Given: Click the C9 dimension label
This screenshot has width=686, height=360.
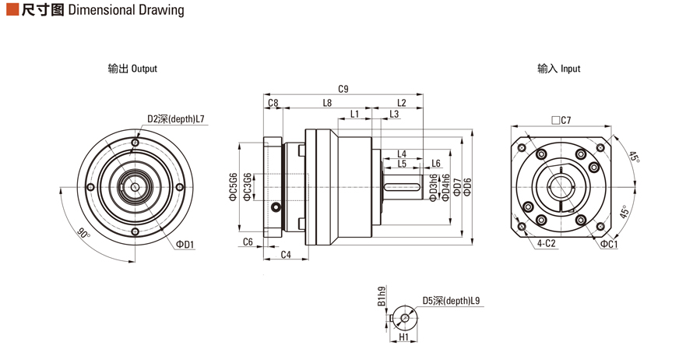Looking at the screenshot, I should tap(343, 88).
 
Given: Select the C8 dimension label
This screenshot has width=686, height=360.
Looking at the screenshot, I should tap(273, 103).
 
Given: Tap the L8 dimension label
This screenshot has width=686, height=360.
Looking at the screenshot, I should tap(327, 103).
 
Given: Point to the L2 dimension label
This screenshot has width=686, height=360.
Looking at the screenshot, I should tap(402, 103).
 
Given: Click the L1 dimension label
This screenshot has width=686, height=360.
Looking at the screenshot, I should tap(355, 115).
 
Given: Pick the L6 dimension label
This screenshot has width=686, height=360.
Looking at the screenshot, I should tap(436, 164).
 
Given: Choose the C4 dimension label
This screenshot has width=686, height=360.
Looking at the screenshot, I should tap(286, 255).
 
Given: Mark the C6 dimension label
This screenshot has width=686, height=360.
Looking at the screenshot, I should tap(248, 242).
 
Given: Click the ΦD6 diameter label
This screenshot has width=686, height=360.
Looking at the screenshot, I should tap(467, 187).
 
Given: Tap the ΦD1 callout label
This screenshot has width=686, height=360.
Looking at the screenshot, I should tap(185, 244).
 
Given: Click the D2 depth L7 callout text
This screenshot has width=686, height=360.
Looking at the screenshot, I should tap(176, 119).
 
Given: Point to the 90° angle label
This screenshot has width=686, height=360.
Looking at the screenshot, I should tap(83, 232).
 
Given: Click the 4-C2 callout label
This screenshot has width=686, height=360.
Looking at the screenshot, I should tap(546, 244).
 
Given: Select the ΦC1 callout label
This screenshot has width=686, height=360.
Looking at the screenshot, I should tap(609, 244).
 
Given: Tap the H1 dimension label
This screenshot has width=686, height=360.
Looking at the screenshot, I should tap(404, 338).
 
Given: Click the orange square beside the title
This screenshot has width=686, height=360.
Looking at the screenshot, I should tap(11, 10).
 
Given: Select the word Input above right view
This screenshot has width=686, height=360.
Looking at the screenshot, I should tap(570, 69).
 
